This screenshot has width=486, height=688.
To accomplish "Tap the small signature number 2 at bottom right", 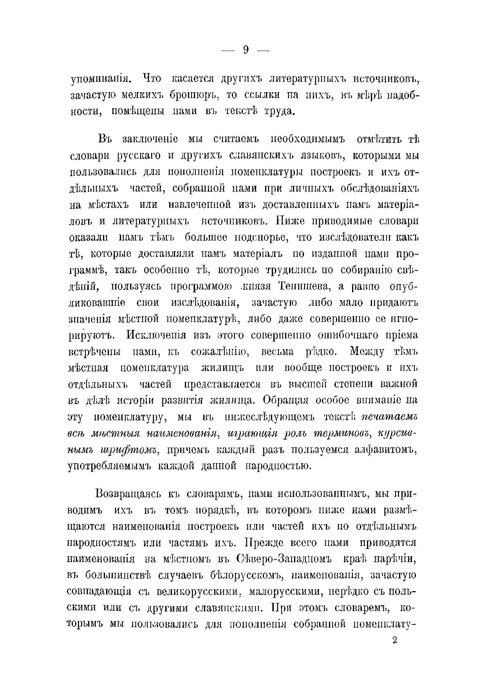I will tap(394, 641).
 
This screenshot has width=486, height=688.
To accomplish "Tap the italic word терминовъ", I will tap(341, 433).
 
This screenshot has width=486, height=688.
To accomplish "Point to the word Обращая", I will tap(287, 400).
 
